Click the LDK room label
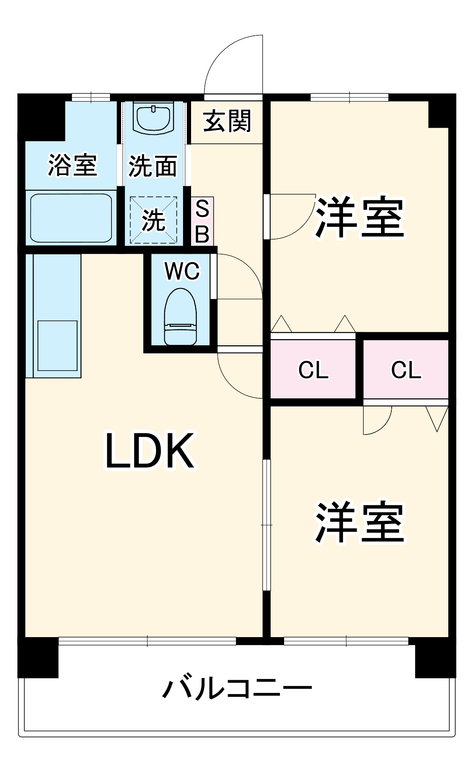[x=150, y=450]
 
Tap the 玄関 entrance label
[x=227, y=121]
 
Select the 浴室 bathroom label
[x=72, y=165]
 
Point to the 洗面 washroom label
[x=153, y=166]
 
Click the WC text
[x=182, y=271]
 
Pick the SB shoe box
[x=202, y=221]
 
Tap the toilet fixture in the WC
[x=180, y=317]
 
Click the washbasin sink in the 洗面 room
[x=153, y=118]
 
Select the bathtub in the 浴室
[x=71, y=218]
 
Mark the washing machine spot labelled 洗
[x=153, y=220]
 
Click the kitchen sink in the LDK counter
[x=58, y=346]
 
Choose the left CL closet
[x=313, y=369]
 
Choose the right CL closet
[x=406, y=369]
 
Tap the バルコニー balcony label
[x=237, y=688]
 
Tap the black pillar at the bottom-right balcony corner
[x=435, y=658]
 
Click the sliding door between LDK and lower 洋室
[x=266, y=525]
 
